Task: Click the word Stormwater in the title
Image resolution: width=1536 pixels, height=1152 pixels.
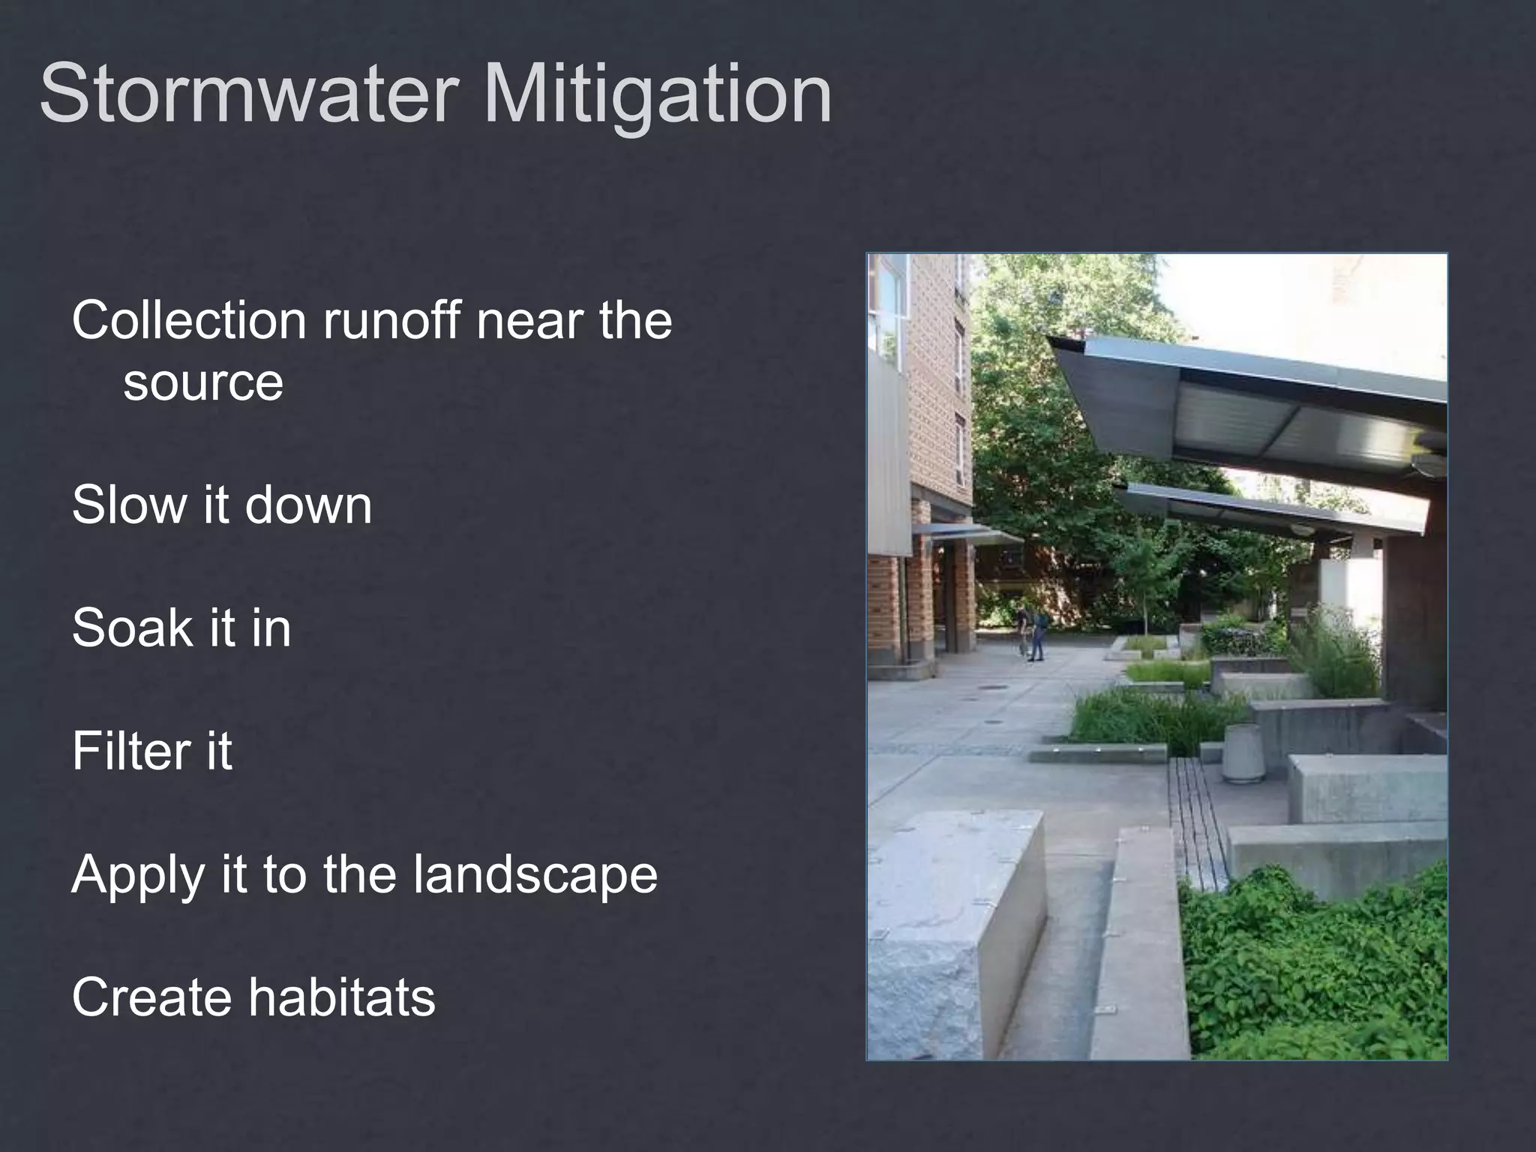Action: pos(248,95)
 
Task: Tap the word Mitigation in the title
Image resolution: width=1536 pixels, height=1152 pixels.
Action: pos(658,95)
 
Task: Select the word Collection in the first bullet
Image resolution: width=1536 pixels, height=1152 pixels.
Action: pos(189,320)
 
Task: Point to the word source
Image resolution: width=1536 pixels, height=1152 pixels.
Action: pos(203,382)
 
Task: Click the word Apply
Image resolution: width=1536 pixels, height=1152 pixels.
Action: pos(138,875)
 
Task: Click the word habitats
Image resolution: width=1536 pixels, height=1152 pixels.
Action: pos(341,997)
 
